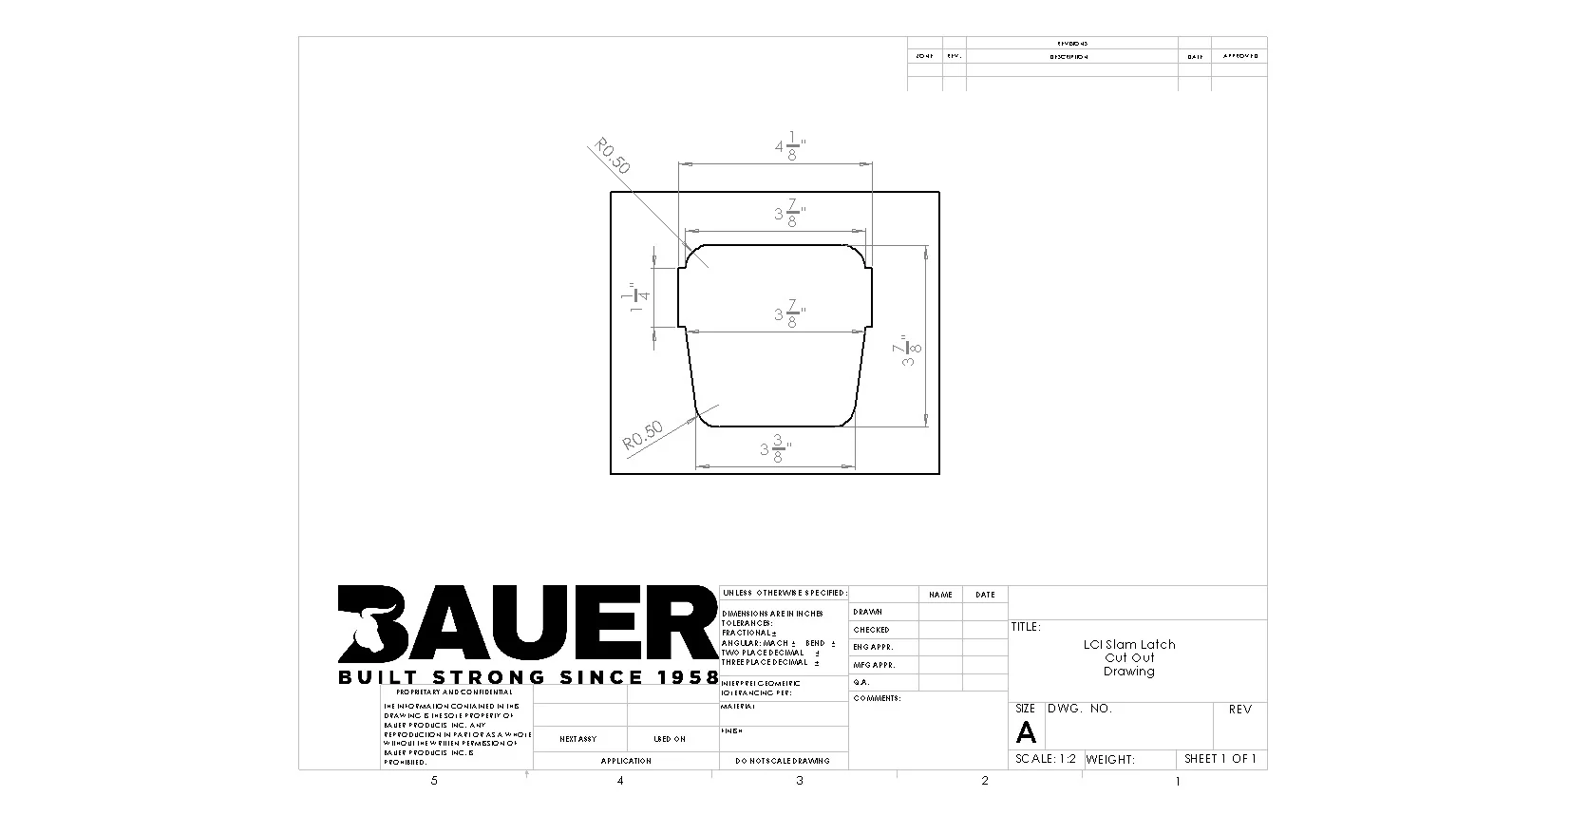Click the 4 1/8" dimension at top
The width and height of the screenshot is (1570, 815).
point(789,148)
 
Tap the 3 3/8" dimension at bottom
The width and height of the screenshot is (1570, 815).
point(775,448)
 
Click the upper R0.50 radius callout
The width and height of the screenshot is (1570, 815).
point(612,156)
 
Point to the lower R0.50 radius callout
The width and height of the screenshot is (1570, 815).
point(643,436)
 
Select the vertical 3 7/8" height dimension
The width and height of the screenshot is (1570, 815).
point(908,351)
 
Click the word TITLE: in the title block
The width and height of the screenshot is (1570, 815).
point(1025,627)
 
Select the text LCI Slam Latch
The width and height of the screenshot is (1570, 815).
point(1128,644)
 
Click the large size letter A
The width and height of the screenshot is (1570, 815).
point(1026,732)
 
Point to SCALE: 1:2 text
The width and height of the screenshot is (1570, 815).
point(1045,759)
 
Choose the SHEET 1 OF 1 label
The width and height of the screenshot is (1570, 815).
point(1220,758)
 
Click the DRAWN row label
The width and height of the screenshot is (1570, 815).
point(867,612)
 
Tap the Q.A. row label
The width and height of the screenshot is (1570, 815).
point(861,682)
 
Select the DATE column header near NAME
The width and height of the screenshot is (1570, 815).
point(984,595)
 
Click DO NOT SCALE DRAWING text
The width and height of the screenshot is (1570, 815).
point(782,761)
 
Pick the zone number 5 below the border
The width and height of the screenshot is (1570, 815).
point(434,781)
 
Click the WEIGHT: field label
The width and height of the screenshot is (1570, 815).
point(1110,759)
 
